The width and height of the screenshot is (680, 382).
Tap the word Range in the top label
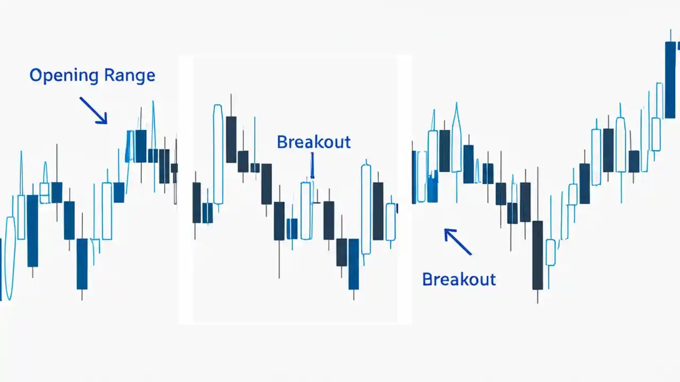tap(130, 75)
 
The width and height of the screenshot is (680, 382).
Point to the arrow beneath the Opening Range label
tap(93, 110)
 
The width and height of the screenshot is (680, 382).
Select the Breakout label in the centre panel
tap(313, 142)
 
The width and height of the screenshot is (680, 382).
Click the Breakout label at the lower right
tap(458, 279)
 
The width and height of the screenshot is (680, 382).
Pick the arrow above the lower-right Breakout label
tap(457, 241)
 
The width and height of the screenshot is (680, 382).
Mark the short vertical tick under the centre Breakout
tap(312, 165)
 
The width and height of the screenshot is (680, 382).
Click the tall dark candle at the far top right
tap(670, 80)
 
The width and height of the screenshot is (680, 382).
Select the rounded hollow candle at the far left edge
tap(10, 257)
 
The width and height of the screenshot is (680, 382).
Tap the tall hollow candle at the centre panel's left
tap(218, 154)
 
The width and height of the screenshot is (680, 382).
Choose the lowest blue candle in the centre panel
tap(353, 264)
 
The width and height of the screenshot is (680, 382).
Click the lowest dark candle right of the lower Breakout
tap(538, 255)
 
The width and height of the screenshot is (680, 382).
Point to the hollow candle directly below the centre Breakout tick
tap(306, 211)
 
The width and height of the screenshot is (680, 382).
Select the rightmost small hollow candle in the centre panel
tap(390, 222)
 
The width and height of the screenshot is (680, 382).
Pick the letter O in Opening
tap(36, 75)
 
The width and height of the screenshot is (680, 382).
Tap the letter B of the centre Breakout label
tap(282, 142)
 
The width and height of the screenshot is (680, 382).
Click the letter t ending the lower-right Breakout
tap(492, 279)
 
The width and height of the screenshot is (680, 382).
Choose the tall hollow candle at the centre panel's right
tap(365, 209)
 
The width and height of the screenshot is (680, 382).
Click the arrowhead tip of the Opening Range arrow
tap(106, 123)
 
